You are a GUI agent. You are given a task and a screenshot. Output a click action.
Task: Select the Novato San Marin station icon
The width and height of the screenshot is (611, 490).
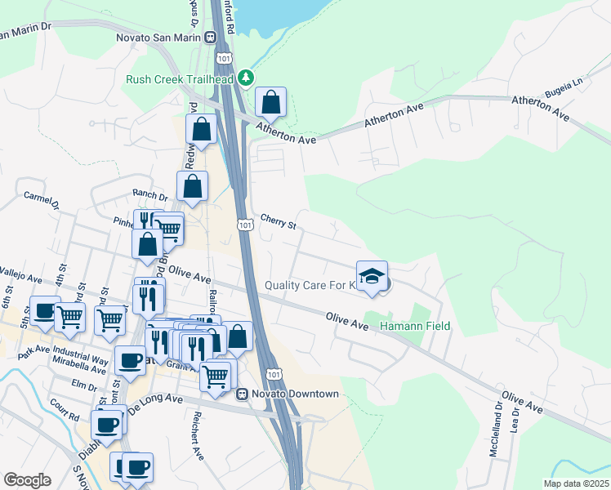(210, 37)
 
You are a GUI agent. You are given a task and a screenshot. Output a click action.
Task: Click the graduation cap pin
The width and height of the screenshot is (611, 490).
(372, 275)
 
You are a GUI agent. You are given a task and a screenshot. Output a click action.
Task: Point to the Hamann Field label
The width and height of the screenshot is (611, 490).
(415, 327)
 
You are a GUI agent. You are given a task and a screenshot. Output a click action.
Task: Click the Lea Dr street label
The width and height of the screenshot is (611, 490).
(515, 421)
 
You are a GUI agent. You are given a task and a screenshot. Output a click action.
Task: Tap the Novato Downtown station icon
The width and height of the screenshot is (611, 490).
(242, 394)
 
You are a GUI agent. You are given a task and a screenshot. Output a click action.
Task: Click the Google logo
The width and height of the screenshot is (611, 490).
(28, 480)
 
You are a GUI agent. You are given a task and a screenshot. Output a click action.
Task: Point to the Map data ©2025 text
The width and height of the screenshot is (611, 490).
(576, 483)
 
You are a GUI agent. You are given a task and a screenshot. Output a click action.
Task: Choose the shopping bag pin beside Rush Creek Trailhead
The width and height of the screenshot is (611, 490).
(270, 103)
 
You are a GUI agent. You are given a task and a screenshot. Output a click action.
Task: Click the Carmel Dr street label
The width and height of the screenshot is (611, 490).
(42, 201)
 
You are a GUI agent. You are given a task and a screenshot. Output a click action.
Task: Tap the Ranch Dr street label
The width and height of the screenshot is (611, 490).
(149, 196)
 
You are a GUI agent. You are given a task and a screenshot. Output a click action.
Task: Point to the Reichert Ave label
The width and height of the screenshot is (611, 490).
(196, 441)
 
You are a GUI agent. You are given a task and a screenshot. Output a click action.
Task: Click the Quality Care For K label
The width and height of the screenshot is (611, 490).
(310, 285)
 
